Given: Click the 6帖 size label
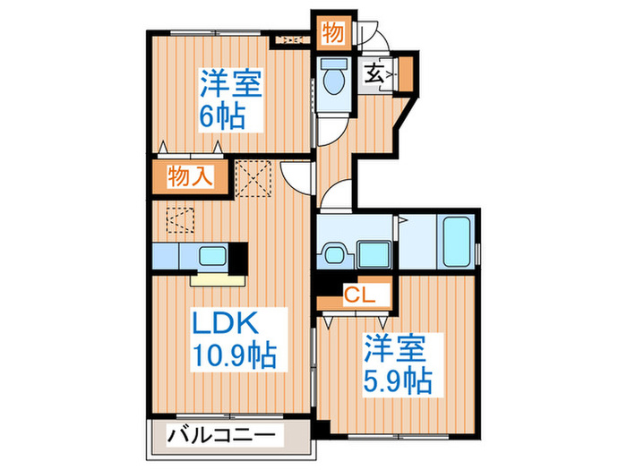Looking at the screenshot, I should tap(221, 116).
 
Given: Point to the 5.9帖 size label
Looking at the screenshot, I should tap(396, 377).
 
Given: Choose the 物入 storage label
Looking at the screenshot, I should tap(189, 176).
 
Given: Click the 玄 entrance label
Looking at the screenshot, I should tap(372, 73).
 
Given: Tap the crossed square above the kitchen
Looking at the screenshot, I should tap(254, 176).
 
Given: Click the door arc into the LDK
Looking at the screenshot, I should tap(296, 173).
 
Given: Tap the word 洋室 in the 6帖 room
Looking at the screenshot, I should tap(229, 87).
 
